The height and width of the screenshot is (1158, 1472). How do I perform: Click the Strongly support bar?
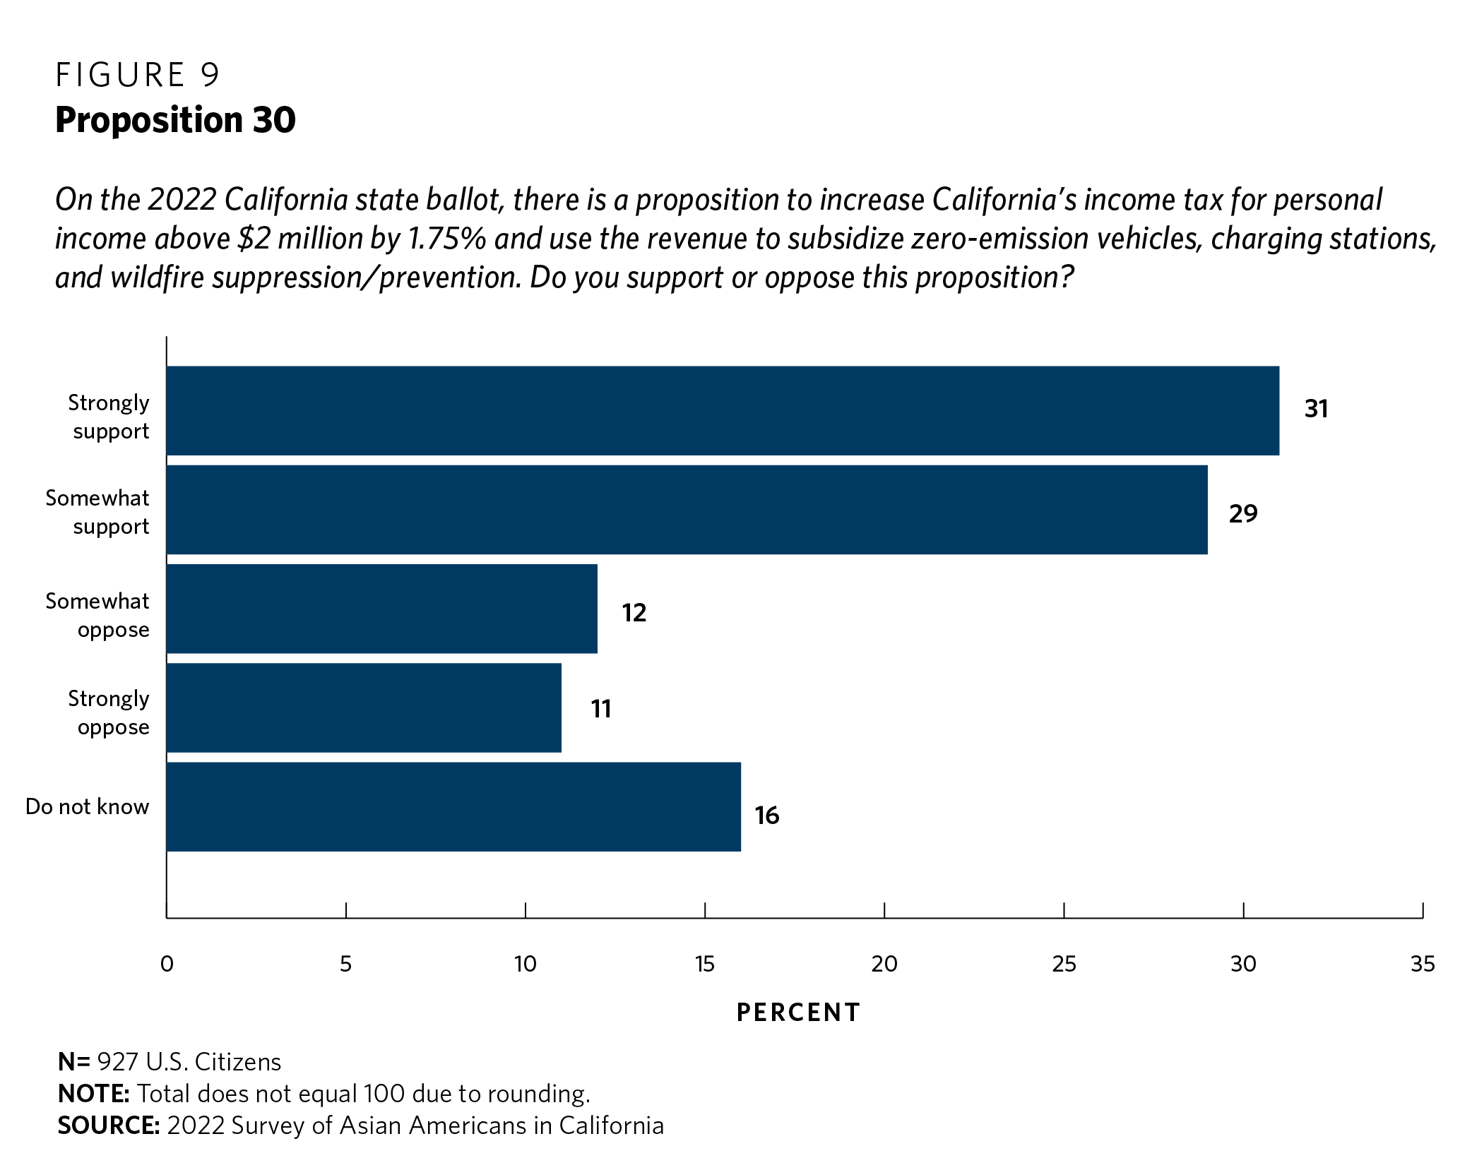pos(723,410)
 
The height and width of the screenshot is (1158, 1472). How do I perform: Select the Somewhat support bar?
pos(687,510)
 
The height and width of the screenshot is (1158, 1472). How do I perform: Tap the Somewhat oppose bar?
pos(381,609)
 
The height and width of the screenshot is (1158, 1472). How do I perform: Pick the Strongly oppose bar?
pos(364,708)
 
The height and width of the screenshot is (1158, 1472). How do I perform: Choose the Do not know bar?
pos(453,806)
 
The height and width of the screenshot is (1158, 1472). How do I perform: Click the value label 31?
pos(1316,409)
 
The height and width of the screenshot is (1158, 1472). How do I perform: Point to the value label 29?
pos(1243,513)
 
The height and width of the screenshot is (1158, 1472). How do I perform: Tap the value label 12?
pos(634,613)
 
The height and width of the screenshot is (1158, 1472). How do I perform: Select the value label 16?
pos(766,816)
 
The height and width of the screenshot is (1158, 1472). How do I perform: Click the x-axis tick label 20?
pos(884,964)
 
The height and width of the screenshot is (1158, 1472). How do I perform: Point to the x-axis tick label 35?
pos(1423,964)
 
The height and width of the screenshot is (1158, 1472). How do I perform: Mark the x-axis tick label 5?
pos(345,964)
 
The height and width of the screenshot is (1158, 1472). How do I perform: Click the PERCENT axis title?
pos(798,1013)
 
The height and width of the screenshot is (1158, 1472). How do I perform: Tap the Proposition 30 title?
pos(175,120)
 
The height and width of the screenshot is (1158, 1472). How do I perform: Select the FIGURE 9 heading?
pos(138,75)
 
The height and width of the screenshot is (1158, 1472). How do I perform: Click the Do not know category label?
pos(88,806)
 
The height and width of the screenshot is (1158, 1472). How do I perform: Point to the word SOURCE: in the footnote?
pos(109,1125)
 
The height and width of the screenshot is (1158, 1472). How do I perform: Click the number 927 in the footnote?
pos(117,1062)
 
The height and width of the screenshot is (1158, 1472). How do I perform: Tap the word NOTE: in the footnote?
pos(93,1094)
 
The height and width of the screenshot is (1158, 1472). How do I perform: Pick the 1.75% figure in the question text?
pos(447,239)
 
